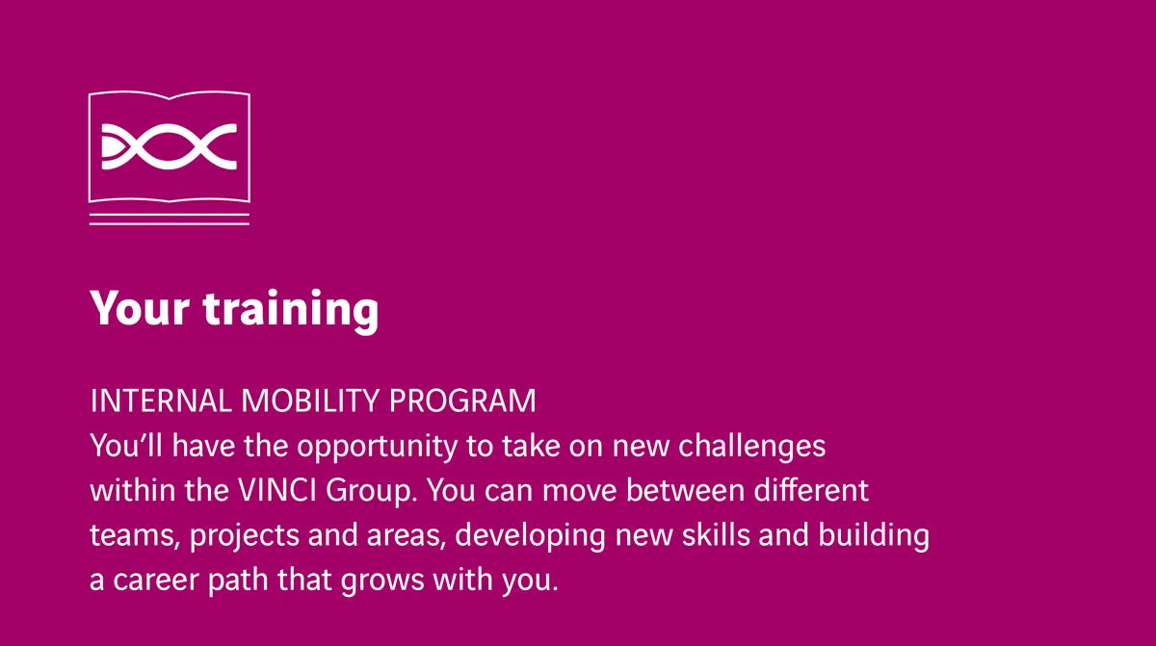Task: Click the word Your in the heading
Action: [140, 308]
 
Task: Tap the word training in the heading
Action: [291, 311]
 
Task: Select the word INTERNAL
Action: [161, 401]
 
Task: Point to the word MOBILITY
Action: [309, 401]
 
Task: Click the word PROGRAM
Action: [462, 401]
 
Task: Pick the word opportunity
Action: [377, 448]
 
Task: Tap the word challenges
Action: [752, 448]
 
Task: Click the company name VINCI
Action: [277, 490]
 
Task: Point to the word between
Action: [685, 490]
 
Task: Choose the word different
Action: [811, 490]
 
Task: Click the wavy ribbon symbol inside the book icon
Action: [170, 147]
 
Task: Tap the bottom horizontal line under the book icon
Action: [170, 223]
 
